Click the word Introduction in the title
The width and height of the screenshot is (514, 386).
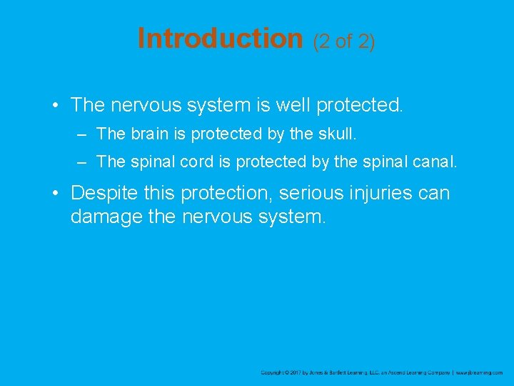(x=220, y=39)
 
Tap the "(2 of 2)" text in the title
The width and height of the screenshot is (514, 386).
(x=344, y=41)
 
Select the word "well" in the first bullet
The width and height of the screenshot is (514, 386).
(x=295, y=106)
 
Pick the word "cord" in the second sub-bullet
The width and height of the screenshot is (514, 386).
(x=196, y=162)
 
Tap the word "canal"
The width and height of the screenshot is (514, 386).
(x=432, y=162)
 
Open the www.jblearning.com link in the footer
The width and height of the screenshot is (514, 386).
(x=479, y=372)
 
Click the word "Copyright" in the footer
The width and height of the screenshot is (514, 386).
(x=273, y=372)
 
